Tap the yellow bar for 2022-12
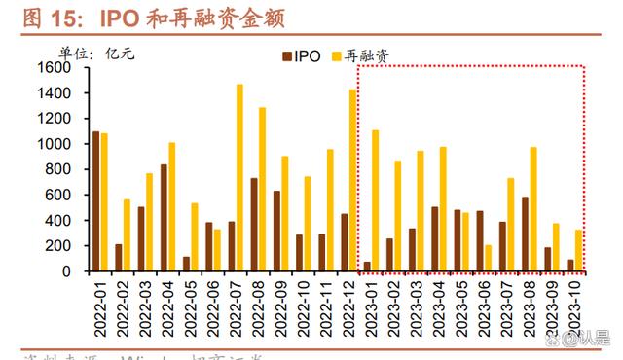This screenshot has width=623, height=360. [352, 180]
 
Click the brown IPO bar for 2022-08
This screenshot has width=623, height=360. [254, 224]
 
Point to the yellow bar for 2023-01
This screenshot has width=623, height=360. [375, 200]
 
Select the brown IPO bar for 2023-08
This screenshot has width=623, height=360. [525, 234]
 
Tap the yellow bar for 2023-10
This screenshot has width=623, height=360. [578, 250]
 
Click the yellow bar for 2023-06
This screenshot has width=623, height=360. [488, 258]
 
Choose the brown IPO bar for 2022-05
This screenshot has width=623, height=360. [186, 264]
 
